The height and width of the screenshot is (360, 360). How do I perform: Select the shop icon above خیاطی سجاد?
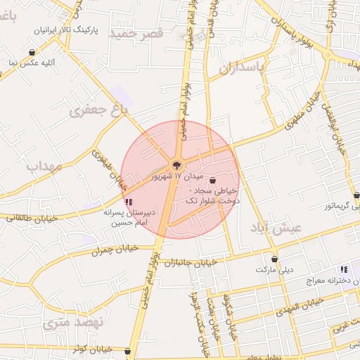click(212, 180)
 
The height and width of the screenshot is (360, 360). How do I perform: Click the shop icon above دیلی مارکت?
click(274, 258)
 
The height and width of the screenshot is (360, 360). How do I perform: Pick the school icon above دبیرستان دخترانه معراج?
click(343, 269)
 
